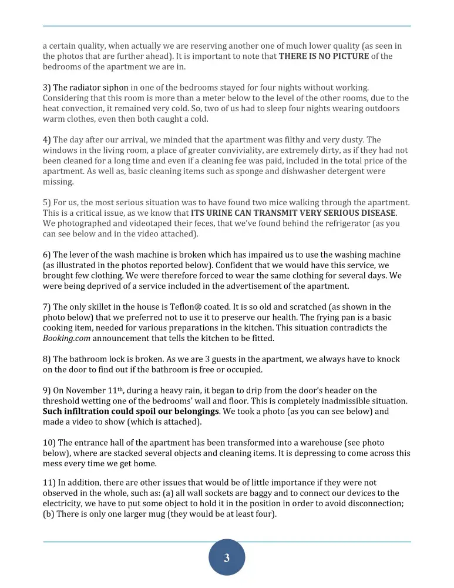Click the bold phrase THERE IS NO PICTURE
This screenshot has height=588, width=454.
pos(324,56)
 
